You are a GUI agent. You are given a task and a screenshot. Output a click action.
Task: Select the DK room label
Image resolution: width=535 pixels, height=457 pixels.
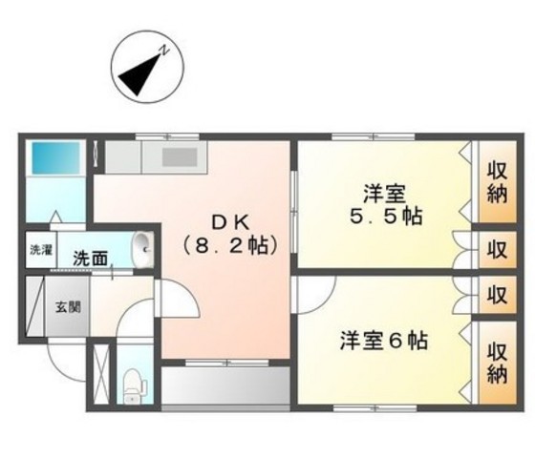[x=230, y=221]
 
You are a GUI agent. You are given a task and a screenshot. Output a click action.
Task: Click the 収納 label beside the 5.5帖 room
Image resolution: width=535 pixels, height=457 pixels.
[x=498, y=184]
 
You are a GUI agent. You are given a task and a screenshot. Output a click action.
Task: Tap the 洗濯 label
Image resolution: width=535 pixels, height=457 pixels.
[x=40, y=251]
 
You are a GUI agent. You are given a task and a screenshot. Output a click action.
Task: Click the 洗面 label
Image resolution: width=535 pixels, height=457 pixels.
[x=91, y=257]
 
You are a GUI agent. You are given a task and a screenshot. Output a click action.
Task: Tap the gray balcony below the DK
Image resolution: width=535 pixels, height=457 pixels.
[x=225, y=386]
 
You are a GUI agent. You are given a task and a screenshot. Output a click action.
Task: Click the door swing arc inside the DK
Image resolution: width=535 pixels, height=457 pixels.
[x=180, y=301]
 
